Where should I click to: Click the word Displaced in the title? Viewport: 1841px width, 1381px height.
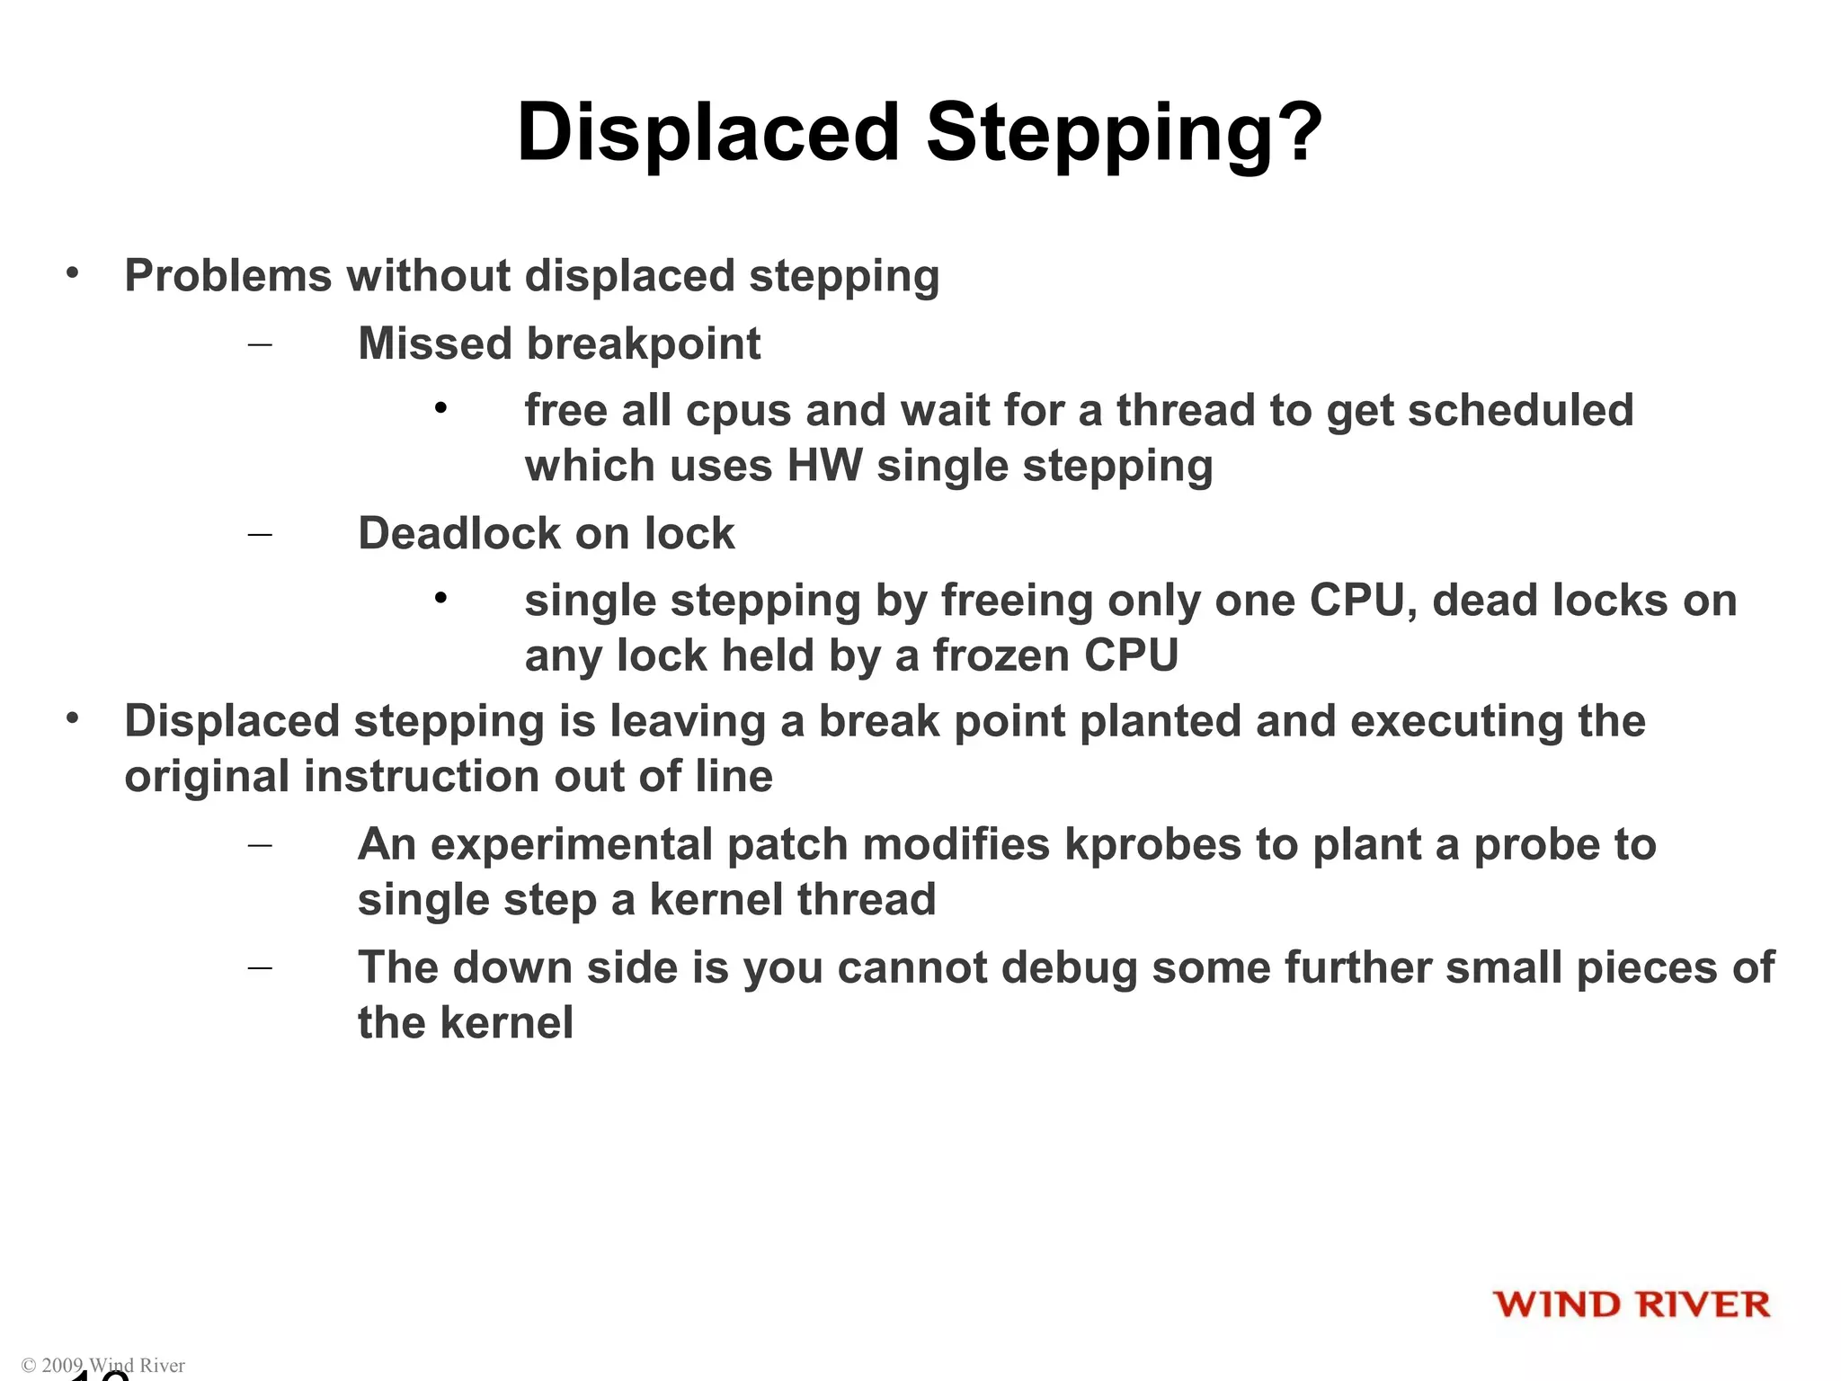point(708,132)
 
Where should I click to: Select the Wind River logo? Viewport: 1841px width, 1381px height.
point(1631,1305)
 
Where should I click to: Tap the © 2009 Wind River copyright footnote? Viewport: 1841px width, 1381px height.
point(102,1365)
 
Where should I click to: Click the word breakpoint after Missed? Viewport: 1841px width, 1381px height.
point(643,343)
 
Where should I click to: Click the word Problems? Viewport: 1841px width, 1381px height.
point(228,275)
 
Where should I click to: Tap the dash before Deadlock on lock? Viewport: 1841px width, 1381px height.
point(260,534)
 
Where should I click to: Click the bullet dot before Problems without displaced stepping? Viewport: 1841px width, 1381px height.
point(73,272)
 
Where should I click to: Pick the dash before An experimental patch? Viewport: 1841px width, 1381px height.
point(260,845)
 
